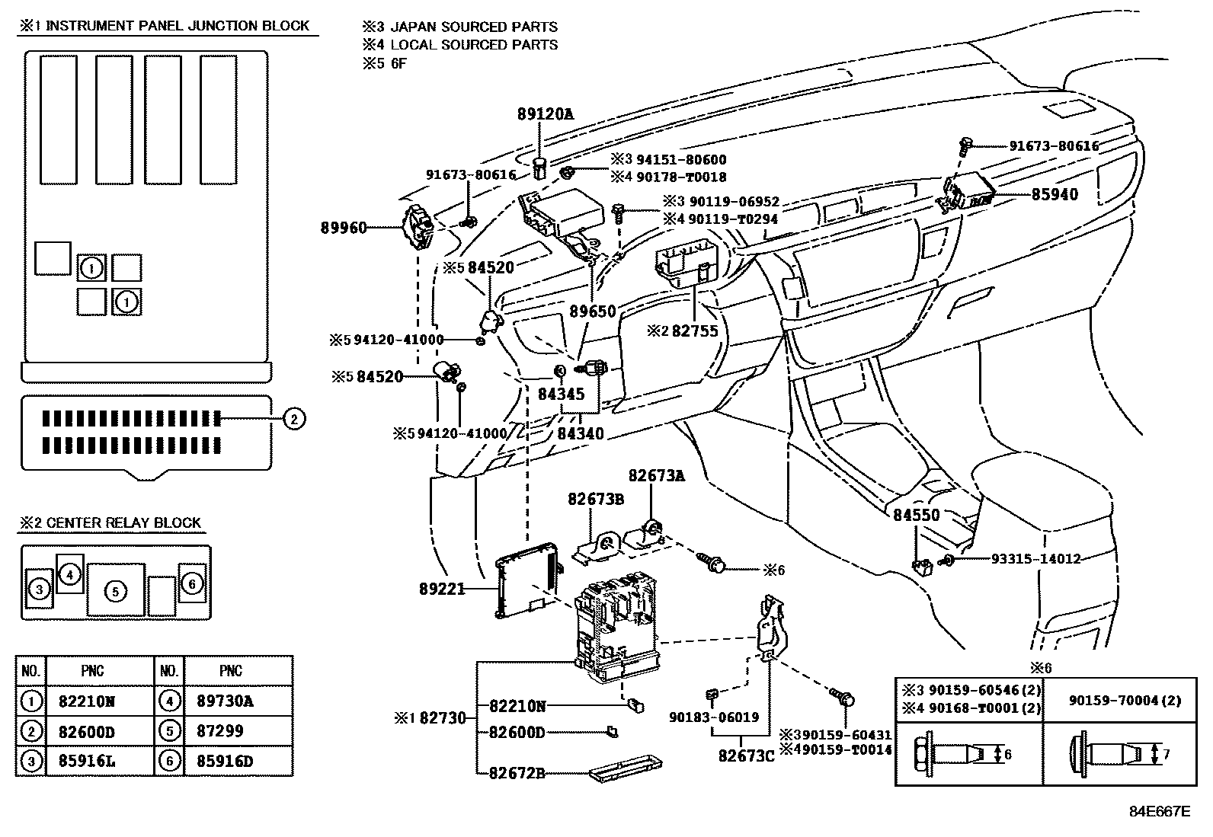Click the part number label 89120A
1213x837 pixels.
[544, 114]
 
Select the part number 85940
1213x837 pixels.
[1055, 194]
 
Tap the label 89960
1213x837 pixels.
[343, 228]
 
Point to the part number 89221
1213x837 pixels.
[442, 588]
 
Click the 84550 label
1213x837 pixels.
[917, 515]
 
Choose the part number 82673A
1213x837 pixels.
[656, 476]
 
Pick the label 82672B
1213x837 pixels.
[517, 773]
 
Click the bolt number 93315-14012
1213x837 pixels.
[1035, 559]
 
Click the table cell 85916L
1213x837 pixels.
[87, 760]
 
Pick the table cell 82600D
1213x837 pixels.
[87, 731]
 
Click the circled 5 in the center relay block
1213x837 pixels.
[115, 590]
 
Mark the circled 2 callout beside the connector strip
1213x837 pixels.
[294, 417]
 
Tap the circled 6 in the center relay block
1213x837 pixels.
[191, 583]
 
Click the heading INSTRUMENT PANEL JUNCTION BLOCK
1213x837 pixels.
[178, 26]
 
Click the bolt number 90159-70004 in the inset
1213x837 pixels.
[1119, 699]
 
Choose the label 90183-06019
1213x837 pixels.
[714, 717]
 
